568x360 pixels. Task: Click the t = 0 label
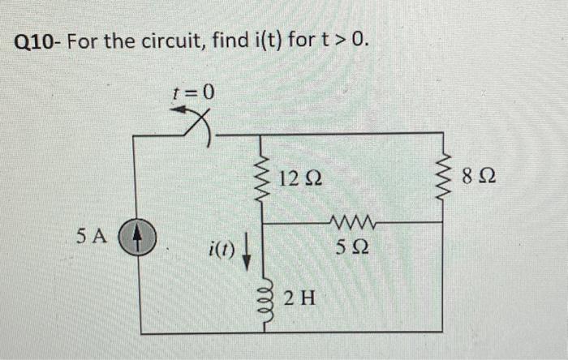tap(194, 92)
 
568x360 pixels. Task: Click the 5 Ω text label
tap(351, 249)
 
